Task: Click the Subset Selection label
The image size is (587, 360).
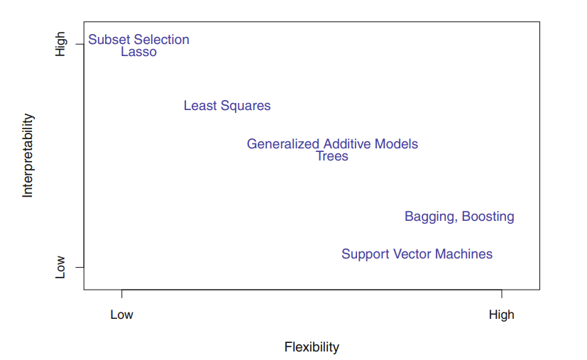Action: (138, 40)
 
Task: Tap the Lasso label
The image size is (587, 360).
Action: (138, 52)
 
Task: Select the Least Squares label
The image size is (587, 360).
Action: (227, 106)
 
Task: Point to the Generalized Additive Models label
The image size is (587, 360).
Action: (332, 144)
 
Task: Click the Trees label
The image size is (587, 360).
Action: (332, 156)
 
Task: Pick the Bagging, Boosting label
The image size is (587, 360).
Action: (459, 217)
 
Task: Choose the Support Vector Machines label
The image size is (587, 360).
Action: (417, 254)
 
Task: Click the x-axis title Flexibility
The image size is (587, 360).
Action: (312, 347)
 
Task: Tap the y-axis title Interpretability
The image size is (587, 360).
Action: (28, 156)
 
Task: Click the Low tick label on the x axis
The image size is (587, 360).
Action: (121, 315)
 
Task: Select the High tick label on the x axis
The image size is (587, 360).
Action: (501, 315)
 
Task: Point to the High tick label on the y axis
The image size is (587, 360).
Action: (60, 44)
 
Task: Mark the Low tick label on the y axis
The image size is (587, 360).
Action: (60, 267)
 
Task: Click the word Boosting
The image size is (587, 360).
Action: (488, 217)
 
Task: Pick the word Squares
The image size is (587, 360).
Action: (246, 106)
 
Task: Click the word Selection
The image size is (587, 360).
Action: (163, 40)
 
